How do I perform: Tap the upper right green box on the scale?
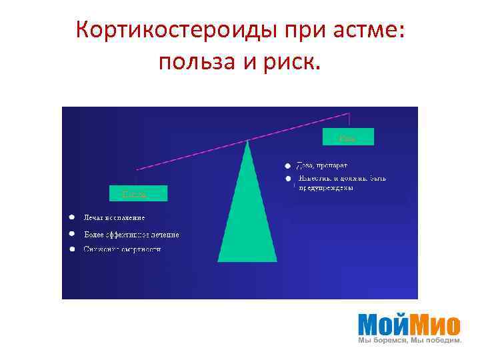tap(348, 137)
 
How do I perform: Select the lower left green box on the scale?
tap(138, 193)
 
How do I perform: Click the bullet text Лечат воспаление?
tap(114, 217)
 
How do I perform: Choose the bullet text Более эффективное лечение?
tap(131, 234)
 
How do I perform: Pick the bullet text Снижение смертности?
tap(122, 249)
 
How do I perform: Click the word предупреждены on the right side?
tap(325, 188)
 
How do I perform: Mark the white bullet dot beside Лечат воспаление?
tap(71, 217)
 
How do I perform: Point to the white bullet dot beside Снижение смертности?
tap(71, 249)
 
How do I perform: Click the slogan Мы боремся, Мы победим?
tap(410, 341)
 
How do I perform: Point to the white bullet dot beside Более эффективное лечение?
tap(71, 234)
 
